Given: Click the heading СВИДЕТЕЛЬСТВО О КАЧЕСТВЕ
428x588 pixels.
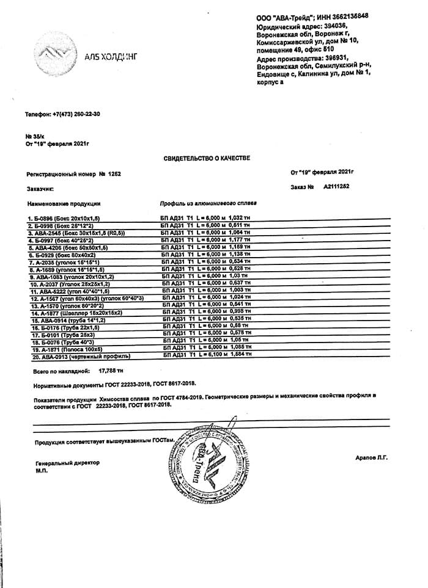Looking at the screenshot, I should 207,158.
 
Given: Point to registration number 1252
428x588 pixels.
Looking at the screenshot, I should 114,174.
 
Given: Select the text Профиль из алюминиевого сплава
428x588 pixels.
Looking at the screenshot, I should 208,203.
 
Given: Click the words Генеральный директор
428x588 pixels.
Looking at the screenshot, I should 67,463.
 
